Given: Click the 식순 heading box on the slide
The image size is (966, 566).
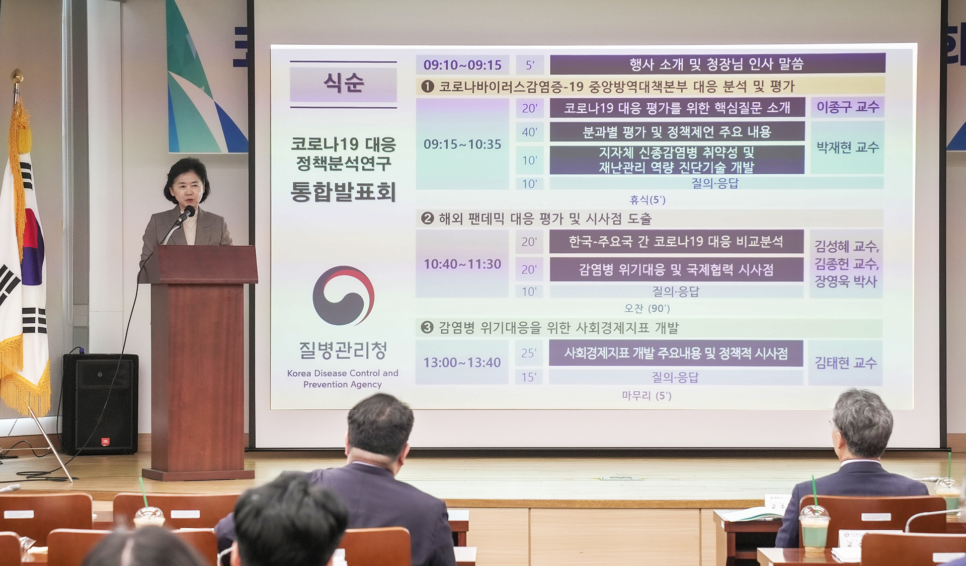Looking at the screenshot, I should tap(343, 84).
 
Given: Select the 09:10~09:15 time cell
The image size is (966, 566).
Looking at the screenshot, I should tap(462, 65).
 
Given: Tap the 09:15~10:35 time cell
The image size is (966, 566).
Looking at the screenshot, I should tap(462, 145).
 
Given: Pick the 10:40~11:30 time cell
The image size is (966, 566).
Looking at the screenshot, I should tap(462, 264).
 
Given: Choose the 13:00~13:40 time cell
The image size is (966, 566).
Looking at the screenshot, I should tap(462, 363).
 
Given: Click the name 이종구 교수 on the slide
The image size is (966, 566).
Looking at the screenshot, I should tap(847, 107).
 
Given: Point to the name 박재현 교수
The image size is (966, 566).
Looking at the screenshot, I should tap(847, 148).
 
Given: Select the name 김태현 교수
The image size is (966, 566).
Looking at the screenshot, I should tap(845, 363).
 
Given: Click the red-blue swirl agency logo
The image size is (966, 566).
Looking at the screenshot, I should tap(343, 296).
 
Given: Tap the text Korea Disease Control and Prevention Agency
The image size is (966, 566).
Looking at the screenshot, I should tap(343, 379).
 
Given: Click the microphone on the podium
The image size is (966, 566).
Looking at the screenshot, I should tap(188, 213).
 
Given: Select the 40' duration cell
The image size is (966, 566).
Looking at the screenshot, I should tap(529, 132).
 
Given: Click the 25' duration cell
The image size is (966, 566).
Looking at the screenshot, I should tap(528, 353).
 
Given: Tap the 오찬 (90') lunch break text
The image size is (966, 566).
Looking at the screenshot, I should tap(647, 308).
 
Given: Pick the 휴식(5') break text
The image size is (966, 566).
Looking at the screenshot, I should tap(648, 200).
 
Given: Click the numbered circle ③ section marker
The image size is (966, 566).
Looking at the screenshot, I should tap(427, 328).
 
